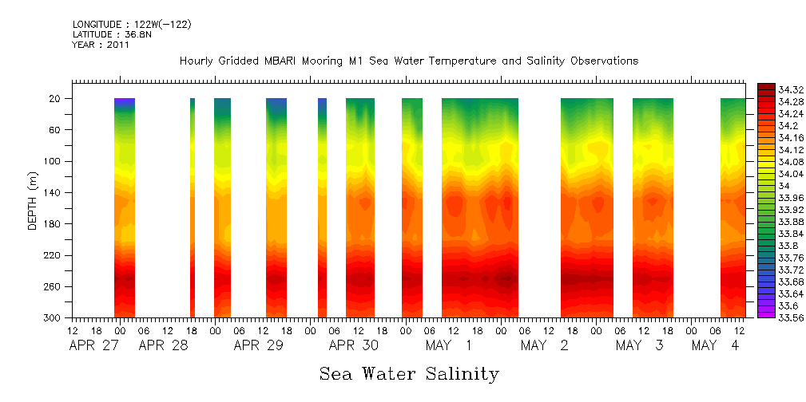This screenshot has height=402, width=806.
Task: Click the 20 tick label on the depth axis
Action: [x=56, y=98]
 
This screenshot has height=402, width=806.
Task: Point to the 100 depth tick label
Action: [x=54, y=161]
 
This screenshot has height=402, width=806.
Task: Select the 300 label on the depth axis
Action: [x=54, y=317]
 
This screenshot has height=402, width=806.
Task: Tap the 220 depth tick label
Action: [x=54, y=255]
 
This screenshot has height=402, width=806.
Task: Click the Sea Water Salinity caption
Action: [x=409, y=374]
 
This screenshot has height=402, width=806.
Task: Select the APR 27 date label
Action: [x=93, y=345]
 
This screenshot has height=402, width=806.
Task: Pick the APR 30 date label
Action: [x=354, y=345]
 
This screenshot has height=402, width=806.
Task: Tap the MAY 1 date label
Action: [x=449, y=345]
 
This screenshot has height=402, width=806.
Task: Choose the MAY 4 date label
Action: [x=715, y=345]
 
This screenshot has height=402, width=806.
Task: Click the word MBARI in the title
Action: [x=286, y=61]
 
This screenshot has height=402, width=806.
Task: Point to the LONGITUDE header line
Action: [x=132, y=25]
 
